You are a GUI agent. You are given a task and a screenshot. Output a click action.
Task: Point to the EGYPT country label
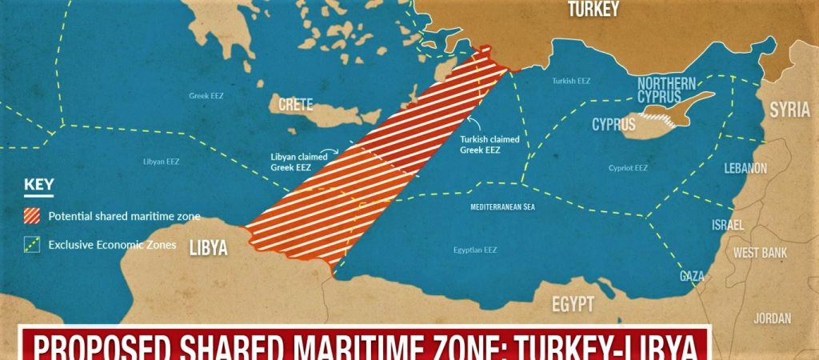click(572, 305)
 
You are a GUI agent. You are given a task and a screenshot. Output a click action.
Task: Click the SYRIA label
click(789, 111)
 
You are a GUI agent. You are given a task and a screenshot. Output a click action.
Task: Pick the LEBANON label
click(745, 168)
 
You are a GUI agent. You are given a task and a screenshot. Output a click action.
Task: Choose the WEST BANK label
click(761, 252)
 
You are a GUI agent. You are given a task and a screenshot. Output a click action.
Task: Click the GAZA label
click(692, 276)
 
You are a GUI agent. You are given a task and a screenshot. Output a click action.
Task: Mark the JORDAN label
click(772, 318)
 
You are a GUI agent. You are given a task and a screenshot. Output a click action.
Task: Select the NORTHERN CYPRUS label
click(666, 90)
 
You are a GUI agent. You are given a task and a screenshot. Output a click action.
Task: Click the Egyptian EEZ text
click(474, 250)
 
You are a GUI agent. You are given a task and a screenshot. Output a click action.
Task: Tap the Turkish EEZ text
click(572, 81)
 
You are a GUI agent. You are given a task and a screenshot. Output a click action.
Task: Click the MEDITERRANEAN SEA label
click(501, 207)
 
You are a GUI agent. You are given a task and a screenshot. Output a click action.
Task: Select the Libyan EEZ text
click(161, 161)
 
